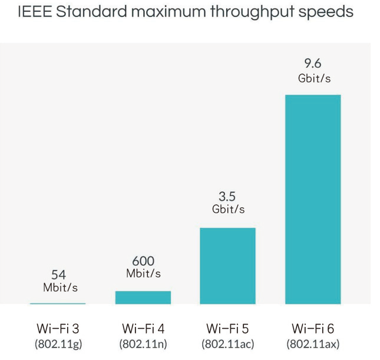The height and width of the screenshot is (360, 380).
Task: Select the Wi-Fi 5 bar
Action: [x=227, y=266]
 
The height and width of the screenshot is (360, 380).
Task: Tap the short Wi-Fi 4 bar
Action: [x=143, y=298]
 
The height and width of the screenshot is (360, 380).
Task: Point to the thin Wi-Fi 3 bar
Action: [x=58, y=303]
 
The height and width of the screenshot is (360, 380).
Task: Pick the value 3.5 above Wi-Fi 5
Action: [x=228, y=197]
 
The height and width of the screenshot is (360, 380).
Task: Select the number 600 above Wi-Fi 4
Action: [x=143, y=261]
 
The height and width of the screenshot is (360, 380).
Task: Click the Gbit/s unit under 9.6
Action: [x=313, y=78]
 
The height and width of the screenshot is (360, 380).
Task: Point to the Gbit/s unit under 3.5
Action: [x=228, y=210]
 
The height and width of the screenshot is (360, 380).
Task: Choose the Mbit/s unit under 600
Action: [x=143, y=273]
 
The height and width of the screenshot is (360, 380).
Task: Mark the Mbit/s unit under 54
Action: [x=60, y=288]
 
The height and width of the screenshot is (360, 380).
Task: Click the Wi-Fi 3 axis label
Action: [x=58, y=328]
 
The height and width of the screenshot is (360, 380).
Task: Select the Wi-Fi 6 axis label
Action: [x=313, y=328]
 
